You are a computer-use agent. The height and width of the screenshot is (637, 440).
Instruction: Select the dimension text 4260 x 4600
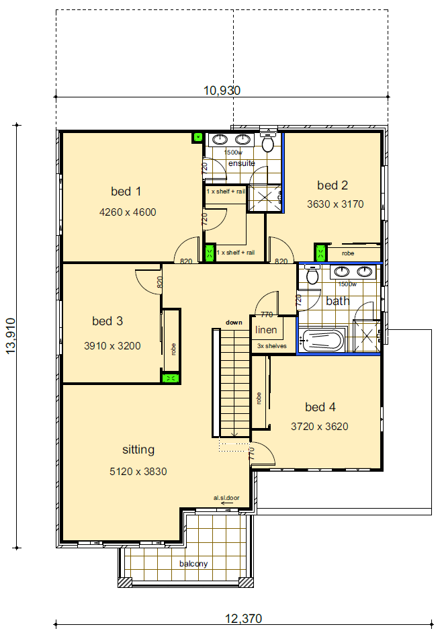point(127,212)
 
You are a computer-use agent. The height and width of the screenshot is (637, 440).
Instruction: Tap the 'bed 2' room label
point(333,185)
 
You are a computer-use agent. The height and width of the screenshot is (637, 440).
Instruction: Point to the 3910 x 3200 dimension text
point(112,346)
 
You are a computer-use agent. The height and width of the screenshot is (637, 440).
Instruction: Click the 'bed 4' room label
point(320,407)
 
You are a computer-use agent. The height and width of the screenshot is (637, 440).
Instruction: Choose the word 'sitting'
point(138,450)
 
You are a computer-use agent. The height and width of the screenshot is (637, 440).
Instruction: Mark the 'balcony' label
point(193,564)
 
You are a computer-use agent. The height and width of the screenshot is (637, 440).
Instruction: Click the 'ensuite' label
point(241,163)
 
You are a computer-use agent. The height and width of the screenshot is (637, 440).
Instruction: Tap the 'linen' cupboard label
point(267,331)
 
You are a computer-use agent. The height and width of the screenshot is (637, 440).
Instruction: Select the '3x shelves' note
point(272,346)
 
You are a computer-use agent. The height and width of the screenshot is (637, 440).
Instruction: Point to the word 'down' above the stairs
point(234,323)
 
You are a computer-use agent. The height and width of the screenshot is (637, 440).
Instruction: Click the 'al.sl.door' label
point(226,498)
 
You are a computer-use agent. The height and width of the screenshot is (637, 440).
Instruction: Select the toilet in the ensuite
point(267,142)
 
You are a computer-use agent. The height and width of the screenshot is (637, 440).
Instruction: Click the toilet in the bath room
point(312,276)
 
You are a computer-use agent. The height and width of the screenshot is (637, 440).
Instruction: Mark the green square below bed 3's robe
point(171,378)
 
